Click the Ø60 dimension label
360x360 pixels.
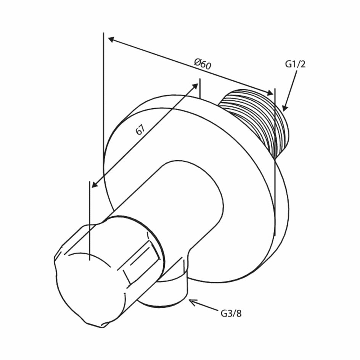click(202, 64)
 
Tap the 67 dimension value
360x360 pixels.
click(140, 130)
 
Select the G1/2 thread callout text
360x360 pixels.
click(295, 64)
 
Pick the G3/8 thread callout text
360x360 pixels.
click(231, 313)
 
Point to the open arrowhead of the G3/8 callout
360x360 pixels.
click(193, 302)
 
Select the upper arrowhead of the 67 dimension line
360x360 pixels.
click(195, 87)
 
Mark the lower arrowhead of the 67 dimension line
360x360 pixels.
click(95, 184)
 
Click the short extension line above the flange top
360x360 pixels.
click(200, 88)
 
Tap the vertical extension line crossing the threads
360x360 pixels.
click(275, 162)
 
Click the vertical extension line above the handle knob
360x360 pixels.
click(89, 221)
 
